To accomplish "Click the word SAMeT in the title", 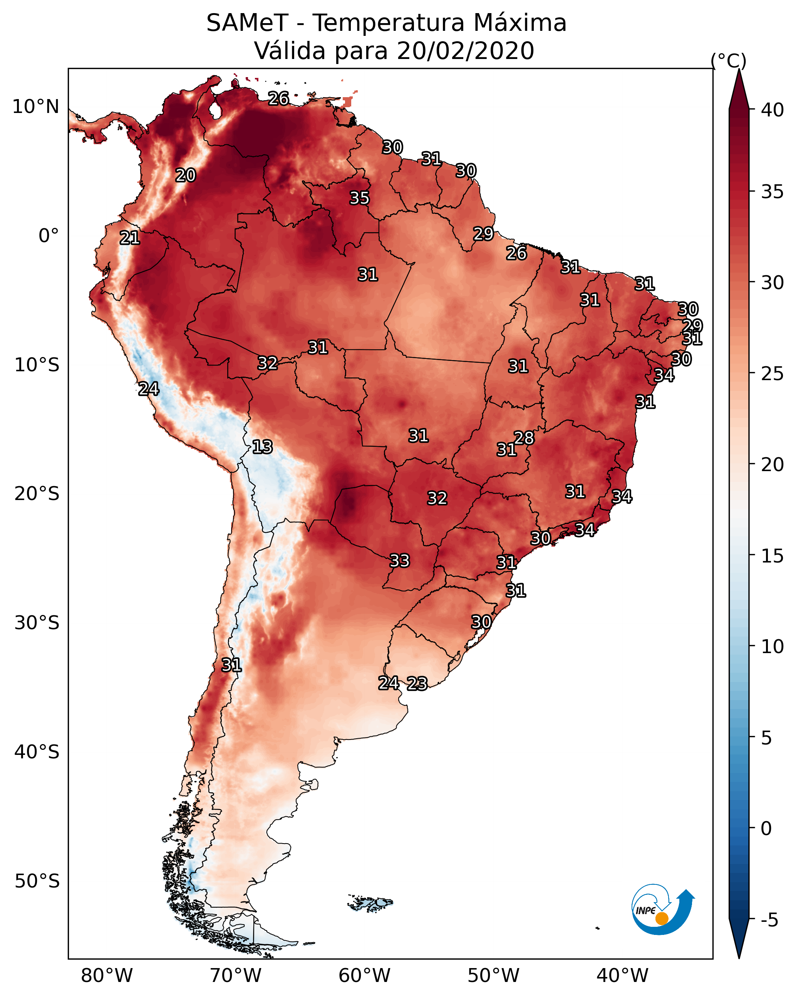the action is (x=247, y=23).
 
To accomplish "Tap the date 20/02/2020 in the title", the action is (x=465, y=51).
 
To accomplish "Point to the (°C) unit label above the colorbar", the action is (x=729, y=61).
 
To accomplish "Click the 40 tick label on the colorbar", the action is (x=773, y=109).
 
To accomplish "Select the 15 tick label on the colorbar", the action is (x=773, y=556).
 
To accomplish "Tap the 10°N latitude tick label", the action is (x=35, y=107).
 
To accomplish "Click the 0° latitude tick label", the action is (x=49, y=236).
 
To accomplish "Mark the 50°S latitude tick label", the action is (x=37, y=881).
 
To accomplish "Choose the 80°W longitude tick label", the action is (x=107, y=975).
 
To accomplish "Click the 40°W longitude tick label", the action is (x=622, y=975).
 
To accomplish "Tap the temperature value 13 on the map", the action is (x=262, y=447).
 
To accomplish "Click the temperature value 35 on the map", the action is (x=359, y=198).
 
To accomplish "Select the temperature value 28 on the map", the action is (x=524, y=438).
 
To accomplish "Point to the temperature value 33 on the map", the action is (x=400, y=561).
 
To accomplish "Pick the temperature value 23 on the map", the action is (x=417, y=684).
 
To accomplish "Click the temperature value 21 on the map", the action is (x=130, y=238).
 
